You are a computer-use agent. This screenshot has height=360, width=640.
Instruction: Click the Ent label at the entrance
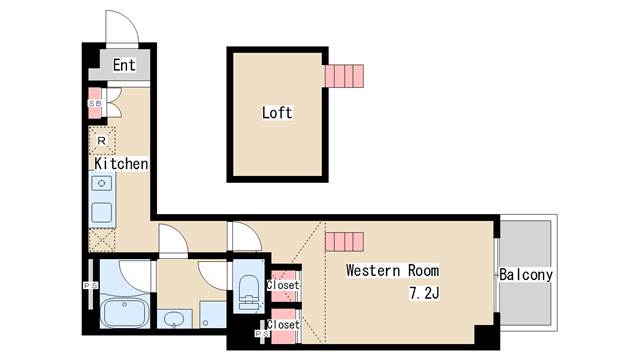click(x=124, y=65)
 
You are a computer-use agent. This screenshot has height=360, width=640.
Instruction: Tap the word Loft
click(x=277, y=113)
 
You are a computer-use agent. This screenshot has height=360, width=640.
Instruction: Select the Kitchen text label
click(x=121, y=164)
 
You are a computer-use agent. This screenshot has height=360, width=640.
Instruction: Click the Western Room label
click(x=393, y=270)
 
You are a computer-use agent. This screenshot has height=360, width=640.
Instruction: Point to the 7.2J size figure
click(x=424, y=293)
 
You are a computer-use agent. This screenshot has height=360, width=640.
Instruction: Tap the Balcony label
click(x=526, y=274)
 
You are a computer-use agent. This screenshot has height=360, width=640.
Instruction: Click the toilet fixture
click(x=249, y=292)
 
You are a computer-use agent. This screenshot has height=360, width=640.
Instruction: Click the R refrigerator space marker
click(x=102, y=141)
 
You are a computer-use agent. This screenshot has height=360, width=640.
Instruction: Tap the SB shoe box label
click(x=95, y=104)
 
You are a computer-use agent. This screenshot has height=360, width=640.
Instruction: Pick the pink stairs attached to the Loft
click(x=344, y=76)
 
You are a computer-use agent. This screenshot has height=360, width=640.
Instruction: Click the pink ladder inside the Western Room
click(x=344, y=242)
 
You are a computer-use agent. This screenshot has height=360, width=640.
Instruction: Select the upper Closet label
click(x=283, y=285)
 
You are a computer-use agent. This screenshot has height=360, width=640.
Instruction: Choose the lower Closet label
click(x=283, y=324)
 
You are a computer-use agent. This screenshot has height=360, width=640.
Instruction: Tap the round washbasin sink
click(x=175, y=318)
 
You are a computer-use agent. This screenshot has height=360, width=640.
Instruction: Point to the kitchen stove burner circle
click(x=102, y=183)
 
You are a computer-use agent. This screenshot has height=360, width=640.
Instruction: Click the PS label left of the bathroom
click(x=91, y=286)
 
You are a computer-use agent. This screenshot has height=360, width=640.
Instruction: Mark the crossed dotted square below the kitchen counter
click(x=102, y=240)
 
